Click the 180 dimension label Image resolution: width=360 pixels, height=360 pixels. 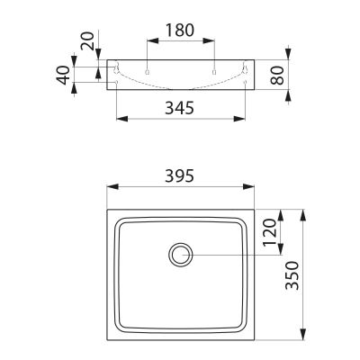point(180,30)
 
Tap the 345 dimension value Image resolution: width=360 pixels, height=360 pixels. point(180,108)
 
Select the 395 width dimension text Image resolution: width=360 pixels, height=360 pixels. point(180,175)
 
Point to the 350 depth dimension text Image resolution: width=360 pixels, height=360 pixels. point(292,275)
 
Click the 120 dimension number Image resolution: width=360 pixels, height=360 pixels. point(269,232)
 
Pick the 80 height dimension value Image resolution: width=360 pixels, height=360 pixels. point(277,76)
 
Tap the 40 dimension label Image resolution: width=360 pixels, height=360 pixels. point(64,76)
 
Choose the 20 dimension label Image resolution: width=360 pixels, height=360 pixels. point(87,40)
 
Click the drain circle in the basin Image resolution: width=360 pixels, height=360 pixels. point(181,255)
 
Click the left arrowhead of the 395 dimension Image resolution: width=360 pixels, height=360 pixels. point(112,186)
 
